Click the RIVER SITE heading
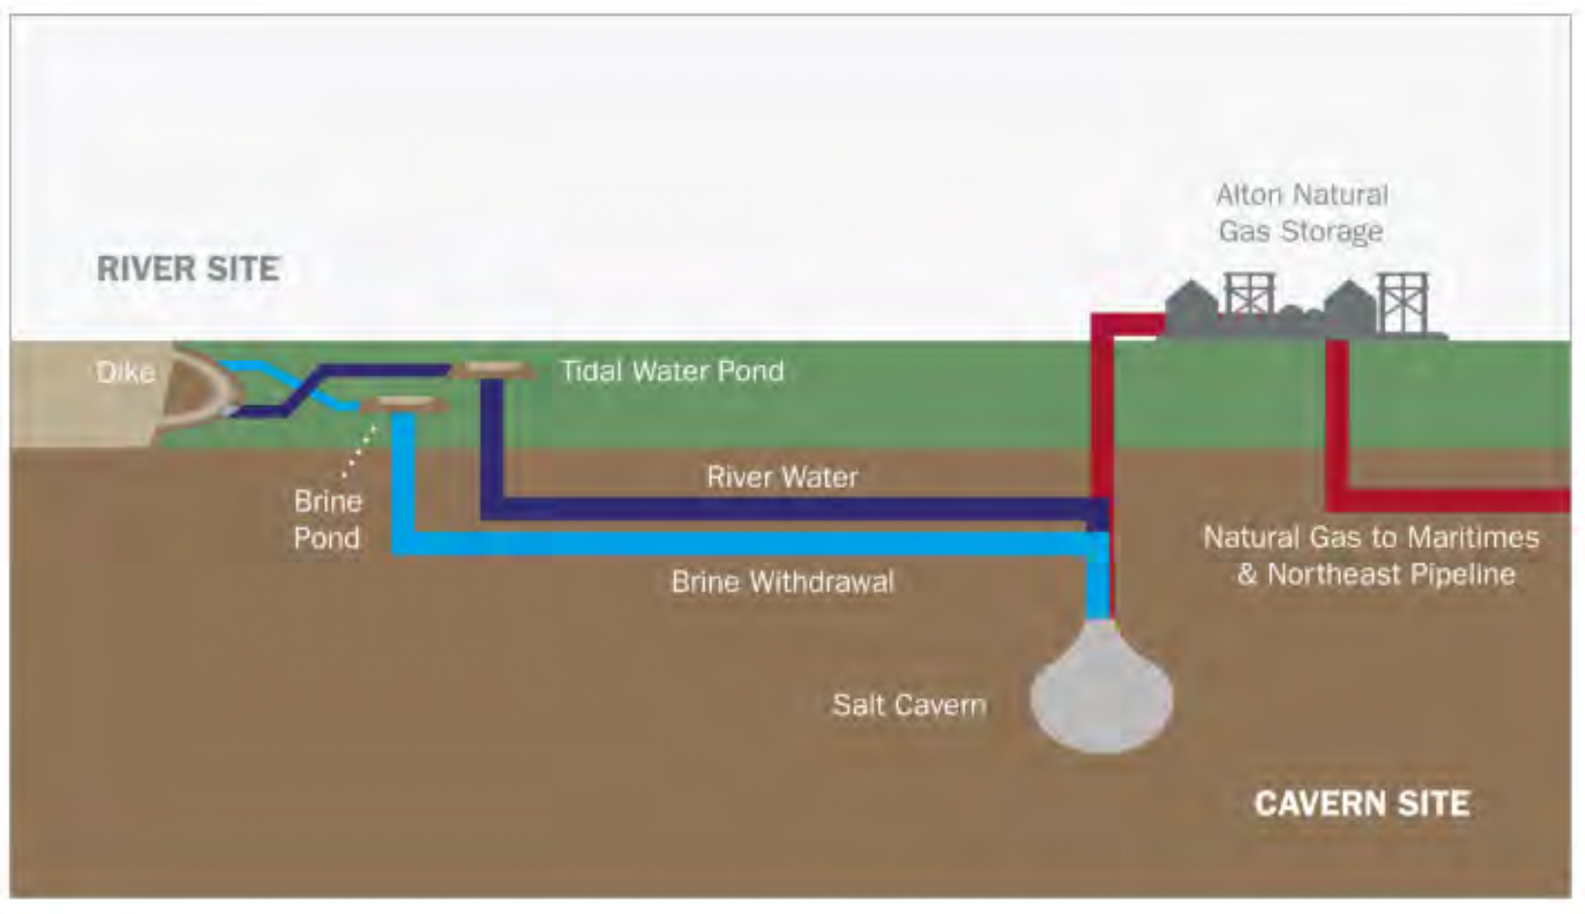188,268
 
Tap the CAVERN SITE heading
1361,803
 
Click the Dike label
125,372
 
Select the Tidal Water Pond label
673,371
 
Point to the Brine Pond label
328,520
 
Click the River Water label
782,476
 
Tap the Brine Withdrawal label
782,582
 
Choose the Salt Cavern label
909,704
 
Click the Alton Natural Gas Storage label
1301,213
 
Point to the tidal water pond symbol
493,369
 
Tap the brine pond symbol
404,403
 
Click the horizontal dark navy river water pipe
793,509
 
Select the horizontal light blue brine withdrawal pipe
745,543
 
